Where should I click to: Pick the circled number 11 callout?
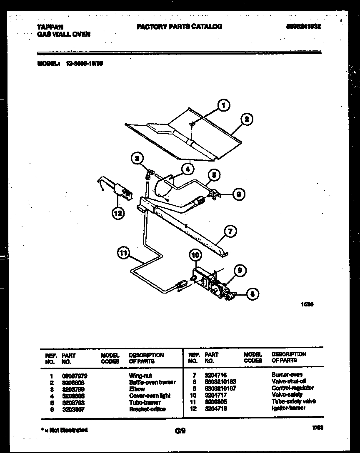click(123, 253)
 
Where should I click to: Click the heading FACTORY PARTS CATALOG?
click(179, 26)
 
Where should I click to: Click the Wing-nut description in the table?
click(138, 375)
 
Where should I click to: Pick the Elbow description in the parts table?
click(137, 389)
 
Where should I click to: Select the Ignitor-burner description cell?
click(288, 408)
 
